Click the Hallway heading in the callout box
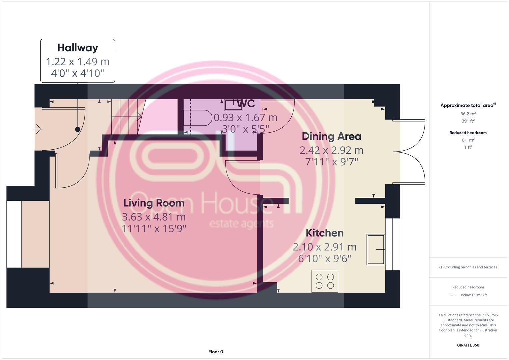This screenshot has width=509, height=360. click(77, 48)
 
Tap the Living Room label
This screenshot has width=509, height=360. click(154, 203)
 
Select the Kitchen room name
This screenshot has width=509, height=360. click(324, 233)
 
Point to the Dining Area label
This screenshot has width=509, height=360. click(331, 136)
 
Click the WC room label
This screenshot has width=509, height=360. click(246, 103)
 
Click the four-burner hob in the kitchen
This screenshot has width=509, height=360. click(325, 281)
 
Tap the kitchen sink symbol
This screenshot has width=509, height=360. click(375, 249)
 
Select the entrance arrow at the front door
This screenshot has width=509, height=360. click(37, 129)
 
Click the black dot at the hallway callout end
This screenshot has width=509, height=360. click(78, 129)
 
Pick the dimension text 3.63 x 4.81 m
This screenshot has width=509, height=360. click(154, 217)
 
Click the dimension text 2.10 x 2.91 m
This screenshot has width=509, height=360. click(324, 247)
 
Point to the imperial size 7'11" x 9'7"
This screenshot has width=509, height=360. click(331, 162)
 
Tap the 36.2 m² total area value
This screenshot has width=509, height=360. click(468, 114)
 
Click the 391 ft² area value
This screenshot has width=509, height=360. click(468, 121)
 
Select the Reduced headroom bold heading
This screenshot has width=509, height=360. click(468, 133)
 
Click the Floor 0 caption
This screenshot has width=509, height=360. click(215, 352)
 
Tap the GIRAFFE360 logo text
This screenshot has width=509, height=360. click(468, 345)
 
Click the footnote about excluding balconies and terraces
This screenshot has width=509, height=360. click(468, 267)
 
